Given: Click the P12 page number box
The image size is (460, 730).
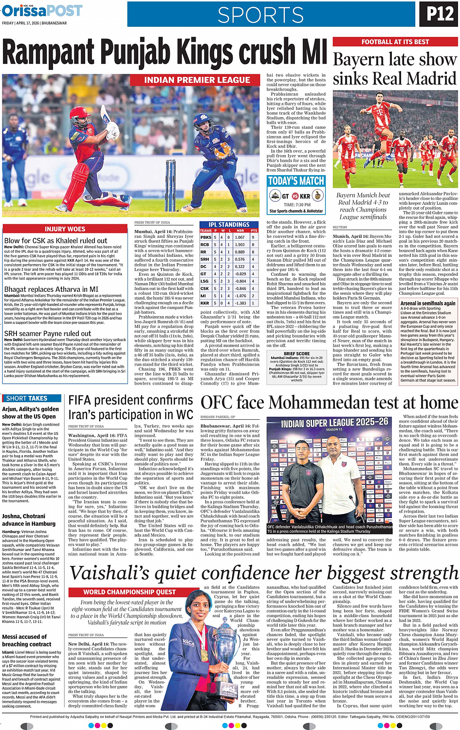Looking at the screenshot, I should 439,14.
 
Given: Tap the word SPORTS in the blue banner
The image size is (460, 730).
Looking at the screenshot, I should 260,15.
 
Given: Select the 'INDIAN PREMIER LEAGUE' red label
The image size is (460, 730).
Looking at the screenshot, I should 197,80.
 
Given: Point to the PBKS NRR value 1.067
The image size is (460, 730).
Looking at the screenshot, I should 239,237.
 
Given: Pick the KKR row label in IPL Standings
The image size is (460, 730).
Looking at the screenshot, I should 204,303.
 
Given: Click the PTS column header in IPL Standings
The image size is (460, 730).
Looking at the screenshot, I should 254,231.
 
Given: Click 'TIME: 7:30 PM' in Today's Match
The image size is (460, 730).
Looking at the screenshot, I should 296,205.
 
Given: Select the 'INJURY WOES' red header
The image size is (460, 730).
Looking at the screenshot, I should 65,229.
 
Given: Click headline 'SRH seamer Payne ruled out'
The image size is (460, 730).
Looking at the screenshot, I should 48,334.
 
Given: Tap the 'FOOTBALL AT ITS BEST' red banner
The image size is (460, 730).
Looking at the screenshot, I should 395,42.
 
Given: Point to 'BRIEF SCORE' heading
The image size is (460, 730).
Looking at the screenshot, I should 296,354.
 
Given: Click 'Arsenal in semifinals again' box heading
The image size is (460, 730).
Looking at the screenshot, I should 428,303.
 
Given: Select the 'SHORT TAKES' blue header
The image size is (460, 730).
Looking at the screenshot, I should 26,398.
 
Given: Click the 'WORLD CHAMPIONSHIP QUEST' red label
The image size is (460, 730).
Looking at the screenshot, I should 129,592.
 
